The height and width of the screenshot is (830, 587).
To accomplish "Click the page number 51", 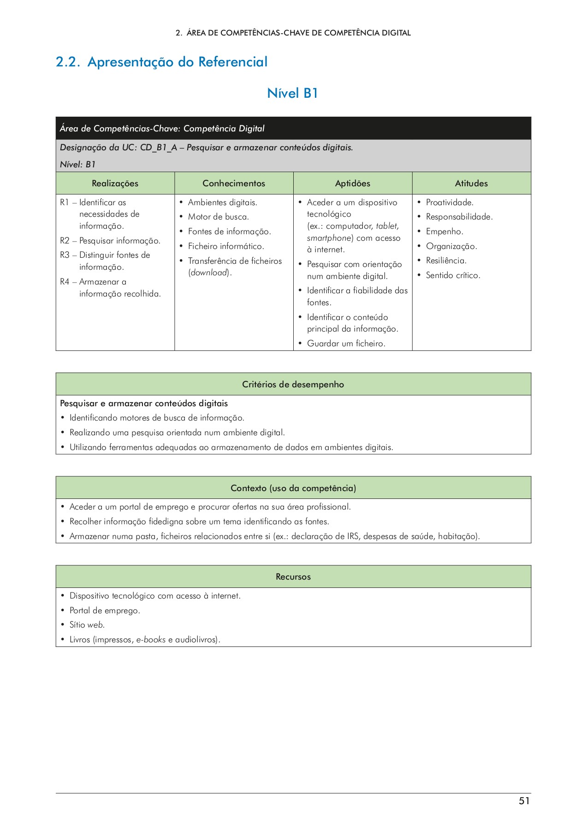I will click(524, 801).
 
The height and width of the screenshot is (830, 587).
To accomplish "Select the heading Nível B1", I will click(292, 93).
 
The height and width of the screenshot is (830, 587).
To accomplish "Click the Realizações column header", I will click(115, 184).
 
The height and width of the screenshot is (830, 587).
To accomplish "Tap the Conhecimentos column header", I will click(234, 184).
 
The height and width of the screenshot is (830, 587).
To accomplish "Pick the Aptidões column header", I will click(352, 184).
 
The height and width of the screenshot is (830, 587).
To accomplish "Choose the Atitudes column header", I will click(471, 184).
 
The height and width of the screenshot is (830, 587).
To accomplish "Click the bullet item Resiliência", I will click(446, 261).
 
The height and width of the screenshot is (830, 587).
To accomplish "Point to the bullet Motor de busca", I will click(218, 217).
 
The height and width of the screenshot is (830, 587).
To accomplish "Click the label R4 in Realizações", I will click(65, 282).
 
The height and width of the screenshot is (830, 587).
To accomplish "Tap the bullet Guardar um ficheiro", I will click(346, 344).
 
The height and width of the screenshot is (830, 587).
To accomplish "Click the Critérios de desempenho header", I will click(293, 385).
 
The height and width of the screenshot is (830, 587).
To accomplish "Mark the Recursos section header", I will click(293, 577).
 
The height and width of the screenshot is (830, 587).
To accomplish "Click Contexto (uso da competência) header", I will click(293, 488).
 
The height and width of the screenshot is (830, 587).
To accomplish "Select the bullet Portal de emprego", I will click(105, 611).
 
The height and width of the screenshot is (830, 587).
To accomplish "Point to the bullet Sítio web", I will click(87, 625).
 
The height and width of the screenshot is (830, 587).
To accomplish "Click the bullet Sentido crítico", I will click(453, 275).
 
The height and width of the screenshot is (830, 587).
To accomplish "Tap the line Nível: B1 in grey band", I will click(77, 165).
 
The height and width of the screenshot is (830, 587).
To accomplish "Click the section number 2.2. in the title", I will click(68, 62).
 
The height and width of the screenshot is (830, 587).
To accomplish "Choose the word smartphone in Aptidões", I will click(329, 238).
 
